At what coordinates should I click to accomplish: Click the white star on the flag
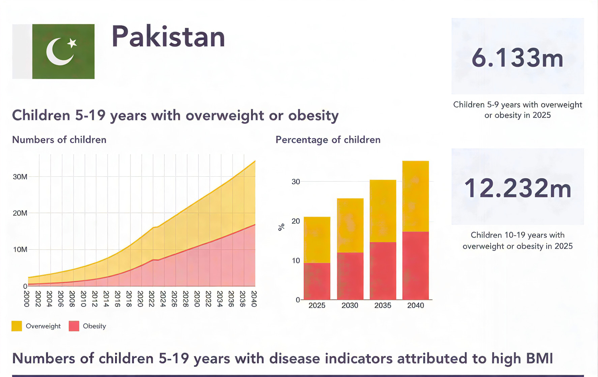[x=72, y=43]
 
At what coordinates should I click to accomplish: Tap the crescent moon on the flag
[x=57, y=53]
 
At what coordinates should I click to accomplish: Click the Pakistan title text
[x=168, y=37]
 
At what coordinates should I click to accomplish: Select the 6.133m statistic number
[x=517, y=58]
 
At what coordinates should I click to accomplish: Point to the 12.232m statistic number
[x=517, y=188]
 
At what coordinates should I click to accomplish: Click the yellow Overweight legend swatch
[x=17, y=326]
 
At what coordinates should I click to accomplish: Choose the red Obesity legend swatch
[x=74, y=326]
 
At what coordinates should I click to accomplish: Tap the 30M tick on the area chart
[x=20, y=177]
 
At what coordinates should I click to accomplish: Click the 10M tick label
[x=20, y=249]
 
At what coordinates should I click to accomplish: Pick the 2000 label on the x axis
[x=27, y=299]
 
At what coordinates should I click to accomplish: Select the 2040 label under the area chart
[x=254, y=299]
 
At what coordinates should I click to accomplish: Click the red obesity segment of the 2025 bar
[x=317, y=281]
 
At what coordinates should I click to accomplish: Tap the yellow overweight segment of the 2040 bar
[x=415, y=196]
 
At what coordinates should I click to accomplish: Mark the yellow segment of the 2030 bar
[x=350, y=226]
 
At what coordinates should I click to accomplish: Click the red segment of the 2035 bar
[x=383, y=271]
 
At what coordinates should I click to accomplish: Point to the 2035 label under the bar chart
[x=383, y=305]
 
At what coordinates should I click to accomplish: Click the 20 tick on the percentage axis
[x=296, y=221]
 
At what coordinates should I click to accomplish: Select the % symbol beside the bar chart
[x=281, y=227]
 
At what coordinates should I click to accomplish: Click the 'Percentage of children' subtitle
[x=328, y=140]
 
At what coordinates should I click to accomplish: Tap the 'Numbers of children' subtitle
[x=59, y=140]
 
